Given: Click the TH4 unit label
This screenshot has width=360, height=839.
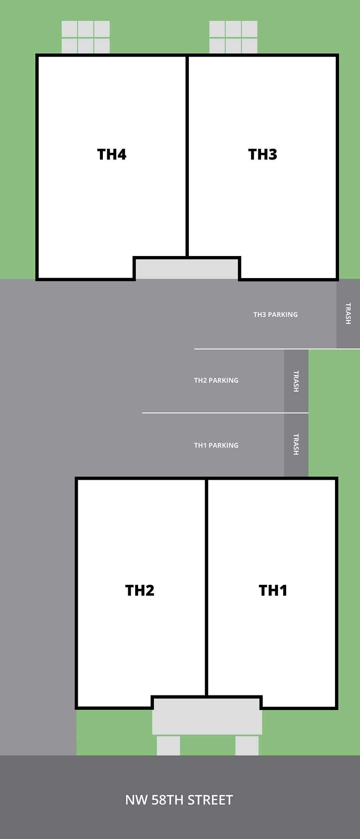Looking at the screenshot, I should point(112,155).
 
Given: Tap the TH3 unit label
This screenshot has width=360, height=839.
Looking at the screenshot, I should point(263,155).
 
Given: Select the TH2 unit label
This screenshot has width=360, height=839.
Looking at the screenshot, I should point(140,590).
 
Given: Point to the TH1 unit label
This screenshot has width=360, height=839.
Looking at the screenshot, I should point(273,590).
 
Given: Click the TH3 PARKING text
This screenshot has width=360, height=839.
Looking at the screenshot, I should point(276,314).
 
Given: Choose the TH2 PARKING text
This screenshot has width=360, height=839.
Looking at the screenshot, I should point(216,380).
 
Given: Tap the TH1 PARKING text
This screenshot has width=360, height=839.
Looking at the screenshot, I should point(216,445).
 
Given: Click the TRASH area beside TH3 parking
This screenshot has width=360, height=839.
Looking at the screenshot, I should point(348,314).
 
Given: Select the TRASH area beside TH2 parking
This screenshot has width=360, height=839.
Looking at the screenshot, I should point(296,381).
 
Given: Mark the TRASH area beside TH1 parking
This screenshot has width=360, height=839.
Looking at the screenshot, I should point(296,444).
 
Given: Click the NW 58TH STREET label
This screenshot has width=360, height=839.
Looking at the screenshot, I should point(179,800).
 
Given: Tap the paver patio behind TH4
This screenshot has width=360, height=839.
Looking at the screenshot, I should point(86,37).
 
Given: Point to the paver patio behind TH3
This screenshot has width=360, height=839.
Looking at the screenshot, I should point(233,37).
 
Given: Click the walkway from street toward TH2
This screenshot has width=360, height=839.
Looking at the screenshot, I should point(169,745).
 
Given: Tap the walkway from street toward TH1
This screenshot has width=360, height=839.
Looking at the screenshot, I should point(247,745).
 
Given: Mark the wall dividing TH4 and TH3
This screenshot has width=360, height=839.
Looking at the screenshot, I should point(187,154).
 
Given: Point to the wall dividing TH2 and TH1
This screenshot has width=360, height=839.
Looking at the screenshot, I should point(206,588).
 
